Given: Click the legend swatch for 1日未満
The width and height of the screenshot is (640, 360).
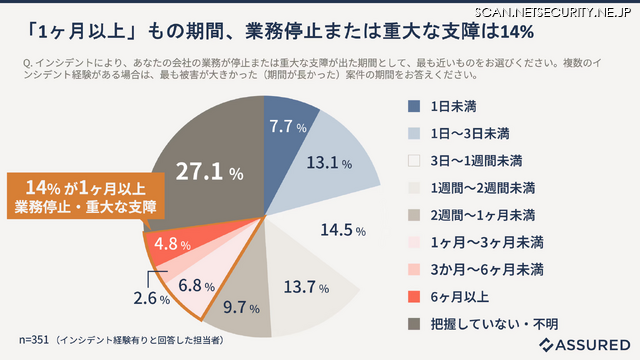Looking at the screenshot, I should (x=413, y=105).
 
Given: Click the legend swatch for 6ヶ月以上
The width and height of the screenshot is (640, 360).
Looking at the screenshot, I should (x=413, y=296).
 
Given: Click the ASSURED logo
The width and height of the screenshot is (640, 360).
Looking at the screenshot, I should (x=584, y=344).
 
